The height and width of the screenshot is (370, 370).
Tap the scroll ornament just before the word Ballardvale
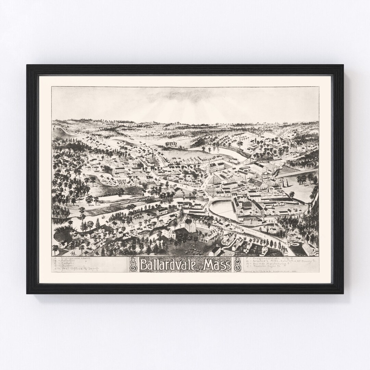point(133,265)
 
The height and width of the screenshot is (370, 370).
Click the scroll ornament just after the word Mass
point(237,265)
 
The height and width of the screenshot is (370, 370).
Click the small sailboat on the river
point(103,217)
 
